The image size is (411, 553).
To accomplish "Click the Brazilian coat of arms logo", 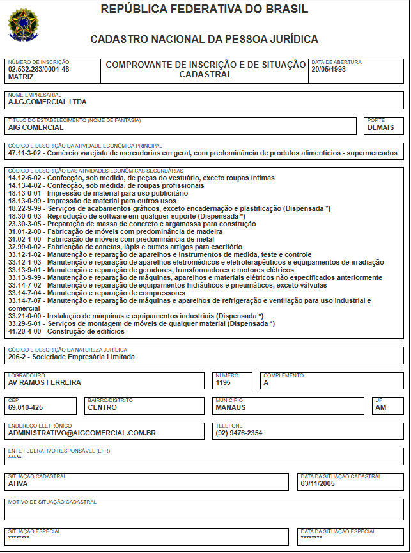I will [22, 25].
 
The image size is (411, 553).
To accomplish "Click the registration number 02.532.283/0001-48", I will [38, 69].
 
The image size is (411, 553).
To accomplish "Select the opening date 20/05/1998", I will [329, 69].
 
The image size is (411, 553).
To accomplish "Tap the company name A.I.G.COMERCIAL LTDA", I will [47, 102].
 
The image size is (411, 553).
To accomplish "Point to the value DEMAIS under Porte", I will [381, 127].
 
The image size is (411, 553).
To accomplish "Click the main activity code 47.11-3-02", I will [26, 153].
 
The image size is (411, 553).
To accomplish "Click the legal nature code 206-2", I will [19, 357].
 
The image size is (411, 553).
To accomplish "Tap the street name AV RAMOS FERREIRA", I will [45, 383].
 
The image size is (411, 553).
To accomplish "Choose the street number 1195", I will [223, 383].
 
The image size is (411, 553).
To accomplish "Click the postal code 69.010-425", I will [26, 407].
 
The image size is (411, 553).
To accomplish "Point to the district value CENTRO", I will [102, 407].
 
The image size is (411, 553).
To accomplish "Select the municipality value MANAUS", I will [230, 407].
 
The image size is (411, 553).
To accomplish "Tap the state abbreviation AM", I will [381, 407].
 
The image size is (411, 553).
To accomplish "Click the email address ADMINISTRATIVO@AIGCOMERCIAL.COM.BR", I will [82, 433].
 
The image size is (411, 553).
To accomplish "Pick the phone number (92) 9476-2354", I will [238, 433].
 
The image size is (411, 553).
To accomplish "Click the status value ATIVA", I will [18, 484].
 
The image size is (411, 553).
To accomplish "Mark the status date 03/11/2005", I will [318, 484].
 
